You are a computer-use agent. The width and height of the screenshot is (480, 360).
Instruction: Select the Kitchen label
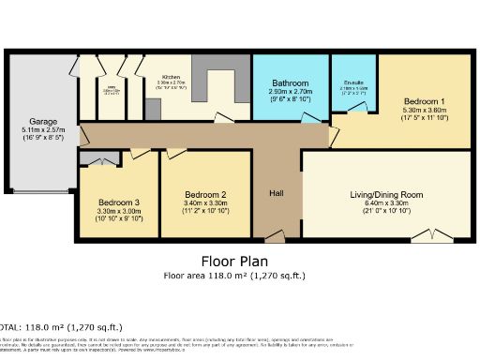(x=170, y=77)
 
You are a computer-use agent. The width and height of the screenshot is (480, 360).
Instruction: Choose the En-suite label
(x=353, y=82)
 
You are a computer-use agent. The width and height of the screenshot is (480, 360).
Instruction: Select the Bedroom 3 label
(x=118, y=202)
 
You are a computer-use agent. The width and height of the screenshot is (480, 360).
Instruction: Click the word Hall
(x=277, y=193)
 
